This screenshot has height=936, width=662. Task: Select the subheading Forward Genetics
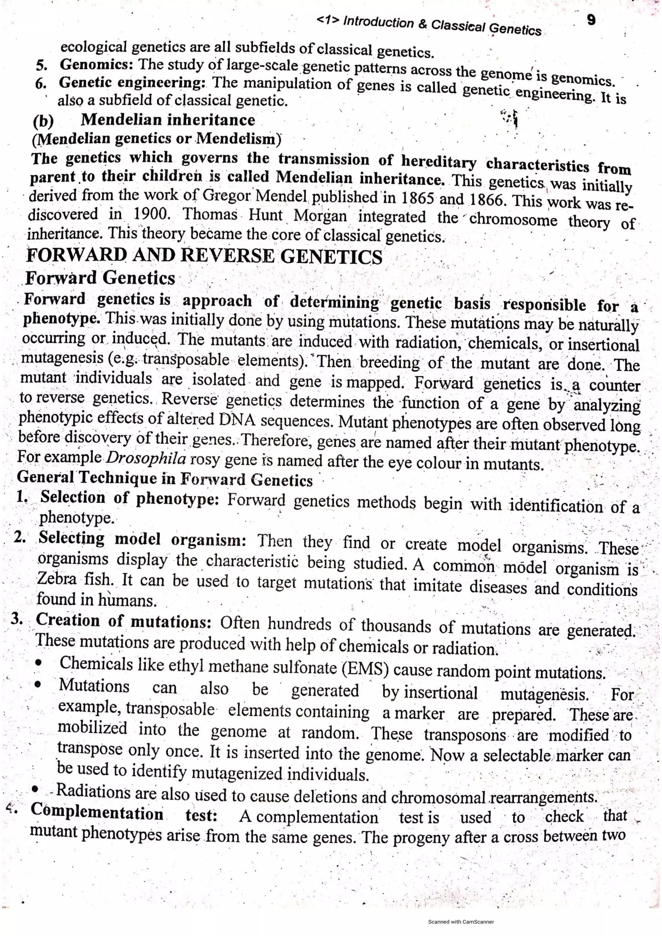[100, 278]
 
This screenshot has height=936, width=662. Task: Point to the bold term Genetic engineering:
[133, 82]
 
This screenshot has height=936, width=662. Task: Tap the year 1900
[149, 214]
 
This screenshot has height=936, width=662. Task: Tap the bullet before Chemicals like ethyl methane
[38, 664]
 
